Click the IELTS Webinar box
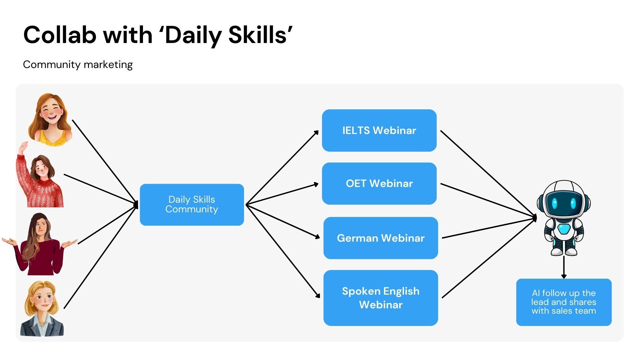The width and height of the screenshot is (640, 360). click(x=379, y=130)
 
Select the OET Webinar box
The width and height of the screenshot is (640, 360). click(x=379, y=183)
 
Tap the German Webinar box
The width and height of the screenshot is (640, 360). click(x=380, y=238)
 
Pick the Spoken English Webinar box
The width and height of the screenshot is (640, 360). click(x=380, y=298)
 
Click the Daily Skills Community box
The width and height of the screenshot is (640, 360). click(x=192, y=204)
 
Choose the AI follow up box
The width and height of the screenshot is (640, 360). click(x=564, y=302)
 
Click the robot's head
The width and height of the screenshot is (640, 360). click(x=563, y=200)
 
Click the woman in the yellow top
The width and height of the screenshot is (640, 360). click(x=51, y=120)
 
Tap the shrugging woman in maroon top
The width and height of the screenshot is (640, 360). click(x=40, y=245)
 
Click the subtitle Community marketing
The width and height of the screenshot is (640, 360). click(x=78, y=64)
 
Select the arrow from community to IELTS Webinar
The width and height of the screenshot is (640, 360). click(x=282, y=167)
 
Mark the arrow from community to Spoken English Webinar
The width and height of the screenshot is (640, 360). click(x=283, y=251)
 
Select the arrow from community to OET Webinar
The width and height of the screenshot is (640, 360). click(x=282, y=194)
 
